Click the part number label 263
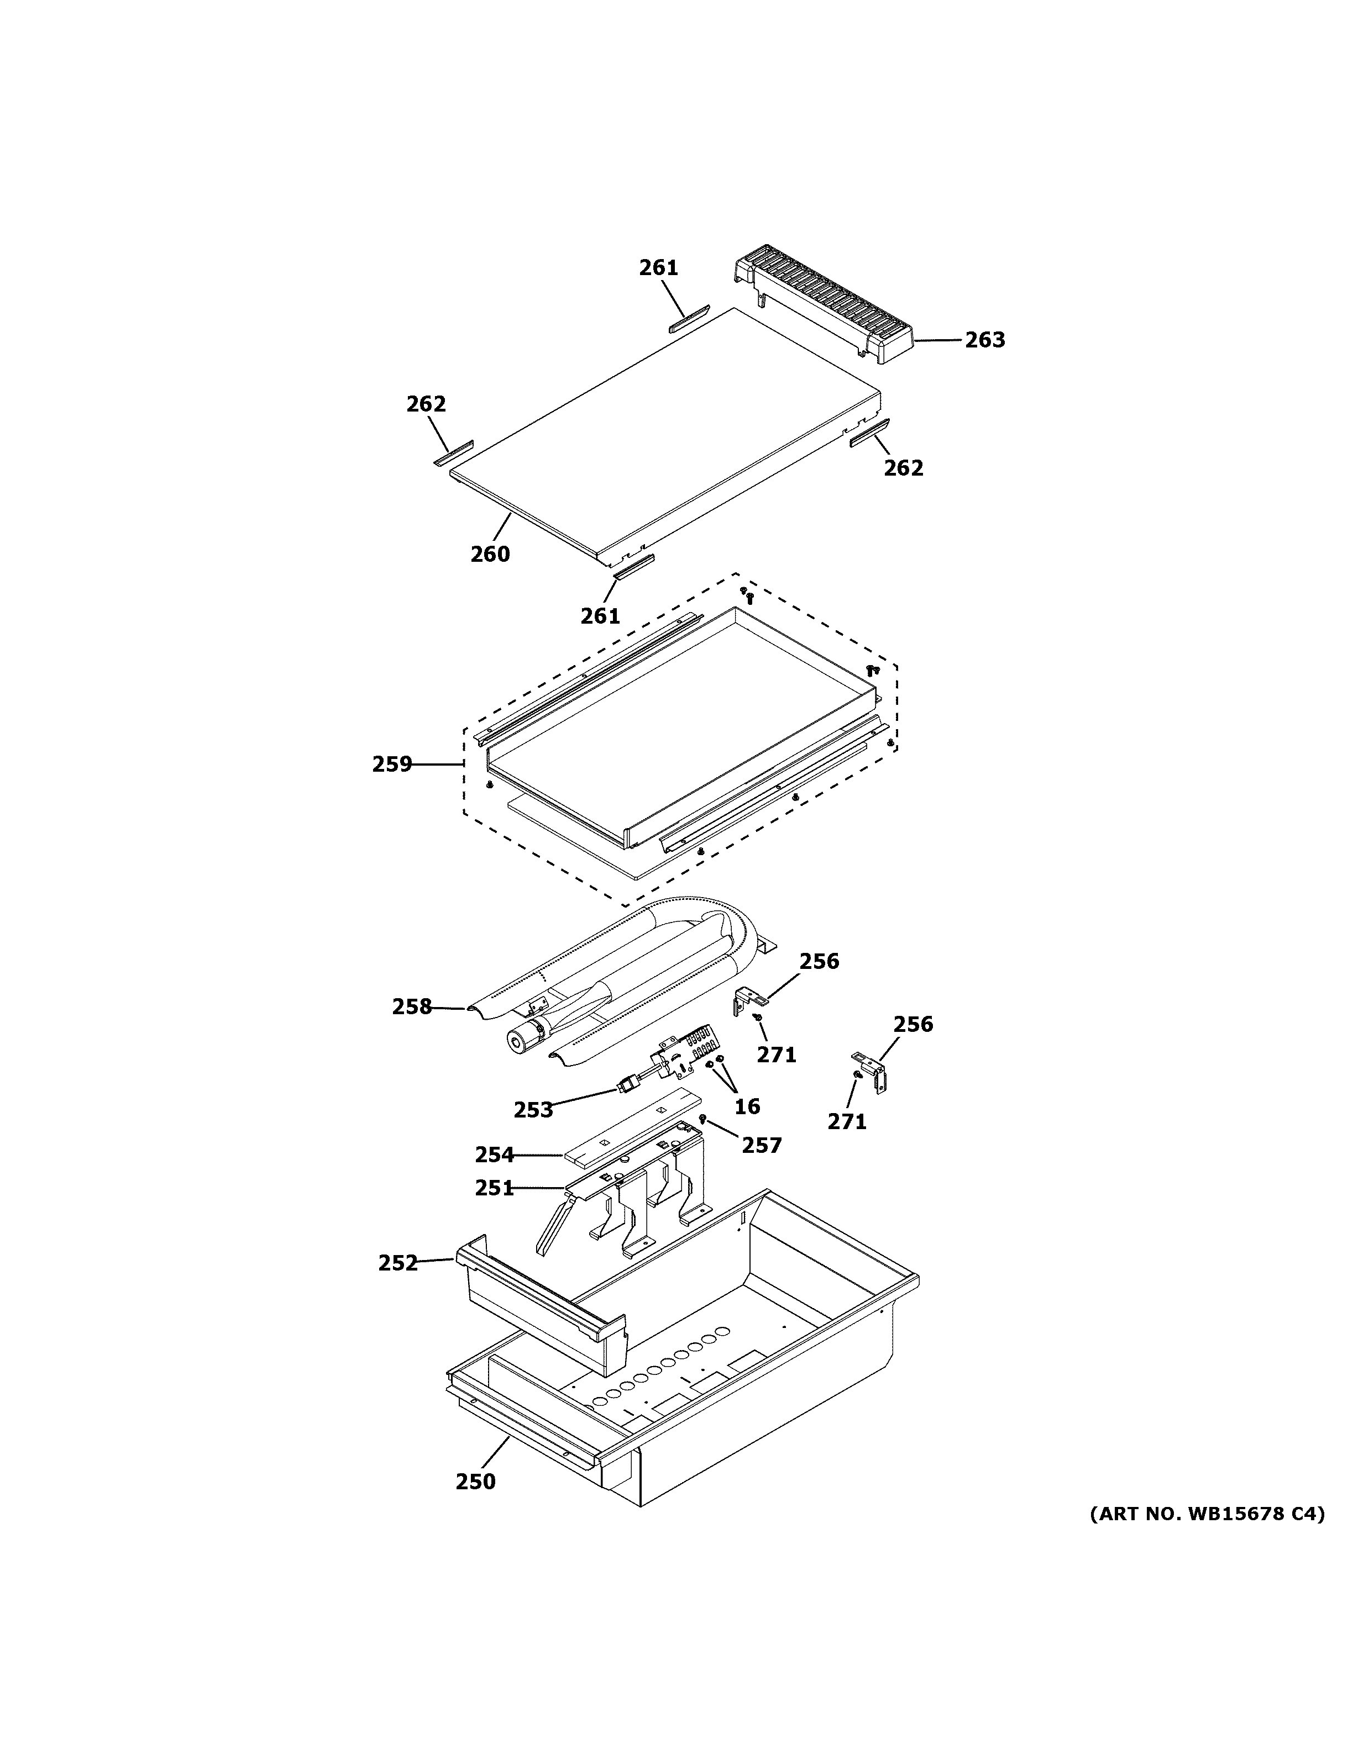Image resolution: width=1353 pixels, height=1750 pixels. point(984,340)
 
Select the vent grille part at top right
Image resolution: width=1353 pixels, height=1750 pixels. point(826,308)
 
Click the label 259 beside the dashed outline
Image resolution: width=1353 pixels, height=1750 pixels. point(392,765)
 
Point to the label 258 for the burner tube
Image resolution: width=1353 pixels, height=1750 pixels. point(412,1006)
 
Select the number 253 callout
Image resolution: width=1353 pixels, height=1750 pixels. point(533,1110)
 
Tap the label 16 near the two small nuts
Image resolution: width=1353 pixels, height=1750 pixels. point(747,1106)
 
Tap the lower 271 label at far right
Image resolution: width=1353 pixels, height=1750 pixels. point(847,1122)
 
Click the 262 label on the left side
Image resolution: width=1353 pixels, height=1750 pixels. point(426,405)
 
